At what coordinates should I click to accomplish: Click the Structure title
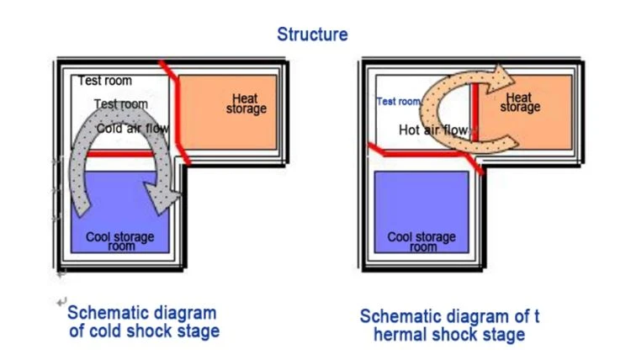click(x=312, y=34)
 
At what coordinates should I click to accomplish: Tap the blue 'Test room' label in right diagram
click(x=399, y=102)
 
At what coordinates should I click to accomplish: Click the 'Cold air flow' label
click(x=132, y=129)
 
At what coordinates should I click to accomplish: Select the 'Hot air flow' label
click(x=433, y=130)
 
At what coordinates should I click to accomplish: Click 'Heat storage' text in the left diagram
click(x=246, y=103)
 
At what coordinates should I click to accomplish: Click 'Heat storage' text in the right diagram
click(x=520, y=102)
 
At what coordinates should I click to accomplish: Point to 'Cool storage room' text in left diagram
click(x=120, y=241)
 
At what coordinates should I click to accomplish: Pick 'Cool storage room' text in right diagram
click(x=422, y=241)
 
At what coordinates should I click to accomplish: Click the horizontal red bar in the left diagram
click(x=120, y=154)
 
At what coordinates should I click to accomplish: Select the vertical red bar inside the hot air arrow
click(x=475, y=112)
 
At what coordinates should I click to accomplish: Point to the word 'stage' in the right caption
click(x=505, y=336)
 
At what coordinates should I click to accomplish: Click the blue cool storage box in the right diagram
click(x=422, y=212)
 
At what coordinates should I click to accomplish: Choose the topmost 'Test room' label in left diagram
click(x=104, y=81)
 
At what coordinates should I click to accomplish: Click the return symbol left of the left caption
click(x=61, y=302)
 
